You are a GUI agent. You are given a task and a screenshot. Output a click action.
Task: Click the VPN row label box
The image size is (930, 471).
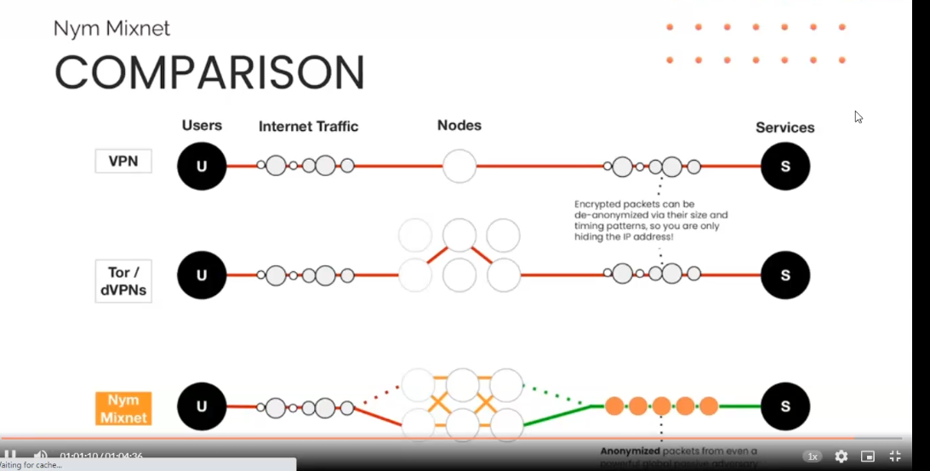tap(123, 161)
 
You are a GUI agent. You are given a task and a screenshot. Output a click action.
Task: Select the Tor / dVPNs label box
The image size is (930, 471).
tap(123, 281)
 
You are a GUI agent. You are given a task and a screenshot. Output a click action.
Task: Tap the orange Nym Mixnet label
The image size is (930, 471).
tap(123, 408)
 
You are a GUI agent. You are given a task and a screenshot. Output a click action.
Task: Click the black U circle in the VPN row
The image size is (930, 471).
tap(202, 166)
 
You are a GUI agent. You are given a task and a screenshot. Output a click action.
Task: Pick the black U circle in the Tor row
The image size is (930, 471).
tap(202, 275)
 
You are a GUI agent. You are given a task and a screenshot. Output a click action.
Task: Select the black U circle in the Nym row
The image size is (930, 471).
tap(202, 406)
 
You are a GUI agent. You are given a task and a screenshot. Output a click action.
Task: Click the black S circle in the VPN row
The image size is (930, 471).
tap(785, 166)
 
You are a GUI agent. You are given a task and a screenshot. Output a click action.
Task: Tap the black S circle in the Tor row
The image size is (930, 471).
tap(785, 275)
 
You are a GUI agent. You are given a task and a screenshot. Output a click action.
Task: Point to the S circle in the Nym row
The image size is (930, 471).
tap(785, 406)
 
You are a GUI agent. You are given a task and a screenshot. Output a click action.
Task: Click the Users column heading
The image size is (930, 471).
tap(202, 126)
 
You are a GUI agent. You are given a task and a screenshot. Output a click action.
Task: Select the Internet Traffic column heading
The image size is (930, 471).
tap(308, 127)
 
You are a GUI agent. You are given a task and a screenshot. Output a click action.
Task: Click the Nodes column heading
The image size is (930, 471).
tap(459, 126)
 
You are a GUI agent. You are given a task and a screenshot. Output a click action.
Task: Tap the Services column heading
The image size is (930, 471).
tap(785, 128)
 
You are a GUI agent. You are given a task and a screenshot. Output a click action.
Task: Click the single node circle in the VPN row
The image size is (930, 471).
tap(459, 166)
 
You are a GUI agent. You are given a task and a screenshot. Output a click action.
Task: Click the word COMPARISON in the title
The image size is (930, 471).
tap(209, 72)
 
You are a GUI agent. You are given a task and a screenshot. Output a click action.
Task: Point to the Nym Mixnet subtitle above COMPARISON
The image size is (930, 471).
tap(111, 29)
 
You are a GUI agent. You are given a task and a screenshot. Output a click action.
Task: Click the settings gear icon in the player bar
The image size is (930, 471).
tap(841, 457)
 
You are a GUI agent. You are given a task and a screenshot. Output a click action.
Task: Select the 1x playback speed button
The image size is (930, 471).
tap(813, 457)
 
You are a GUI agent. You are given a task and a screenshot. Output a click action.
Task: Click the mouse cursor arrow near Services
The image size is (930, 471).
tap(858, 116)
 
